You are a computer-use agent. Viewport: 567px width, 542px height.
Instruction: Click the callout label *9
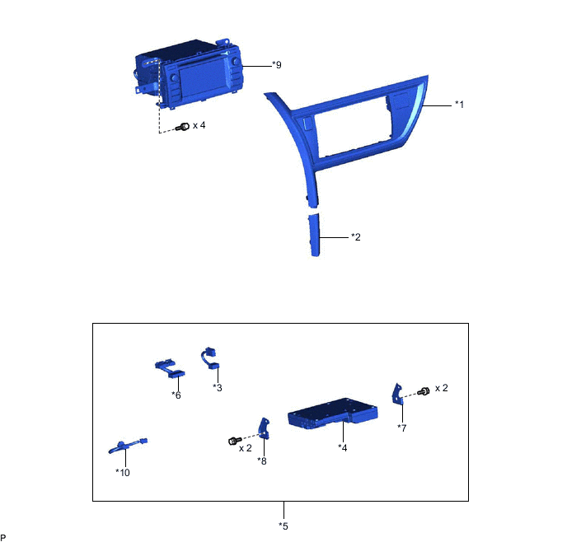coord(277,65)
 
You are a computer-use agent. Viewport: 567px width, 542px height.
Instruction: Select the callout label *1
coord(459,105)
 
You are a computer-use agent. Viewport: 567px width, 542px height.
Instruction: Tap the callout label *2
coord(356,237)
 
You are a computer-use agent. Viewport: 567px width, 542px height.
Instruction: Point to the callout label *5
coord(283,526)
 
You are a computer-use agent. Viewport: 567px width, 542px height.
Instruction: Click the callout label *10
coord(123,473)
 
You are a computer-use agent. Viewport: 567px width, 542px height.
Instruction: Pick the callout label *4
coord(343,448)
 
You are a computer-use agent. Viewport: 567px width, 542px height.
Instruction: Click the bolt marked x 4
coord(183,127)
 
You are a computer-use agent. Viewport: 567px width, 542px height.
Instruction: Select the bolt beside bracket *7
coord(424,391)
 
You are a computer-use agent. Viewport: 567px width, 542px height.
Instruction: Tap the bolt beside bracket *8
coord(235,441)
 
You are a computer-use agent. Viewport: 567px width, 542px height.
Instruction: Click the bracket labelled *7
coord(397,395)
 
